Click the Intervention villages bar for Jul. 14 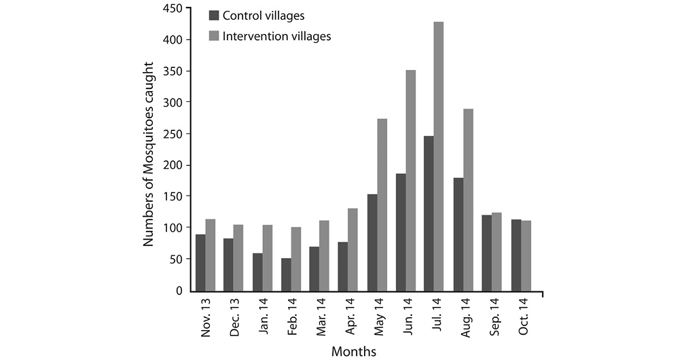pos(438,156)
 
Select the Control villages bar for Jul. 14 pos(429,213)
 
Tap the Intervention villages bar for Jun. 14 pos(410,181)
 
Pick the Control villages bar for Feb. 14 pos(286,274)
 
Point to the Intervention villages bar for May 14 pos(382,205)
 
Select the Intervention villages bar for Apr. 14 pos(352,249)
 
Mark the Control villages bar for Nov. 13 pos(200,263)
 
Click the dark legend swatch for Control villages pos(214,16)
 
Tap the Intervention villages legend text pos(277,36)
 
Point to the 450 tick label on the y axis pos(173,8)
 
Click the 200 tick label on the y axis pos(173,165)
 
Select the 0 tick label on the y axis pos(179,291)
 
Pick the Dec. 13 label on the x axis pos(234,317)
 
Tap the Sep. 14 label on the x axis pos(494,317)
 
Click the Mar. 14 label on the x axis pos(321,317)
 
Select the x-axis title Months pos(354,352)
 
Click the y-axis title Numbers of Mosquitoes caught pos(149,154)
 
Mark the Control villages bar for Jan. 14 pos(257,272)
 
